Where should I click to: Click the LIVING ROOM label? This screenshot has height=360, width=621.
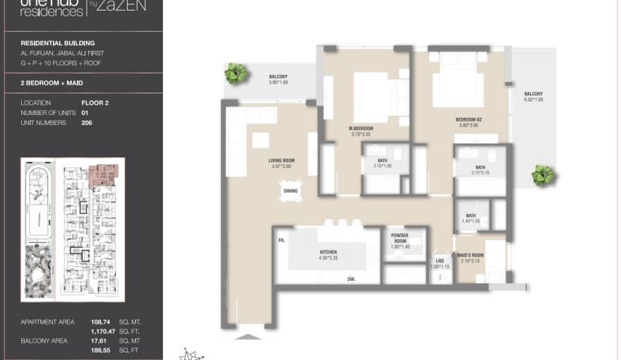tap(282, 161)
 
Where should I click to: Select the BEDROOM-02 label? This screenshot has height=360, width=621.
tap(469, 120)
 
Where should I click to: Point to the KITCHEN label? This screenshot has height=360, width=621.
tap(327, 252)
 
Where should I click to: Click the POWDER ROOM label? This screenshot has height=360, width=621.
tap(399, 239)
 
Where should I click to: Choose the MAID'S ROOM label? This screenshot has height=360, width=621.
tap(469, 255)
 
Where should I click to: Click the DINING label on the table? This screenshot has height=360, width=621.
tap(291, 191)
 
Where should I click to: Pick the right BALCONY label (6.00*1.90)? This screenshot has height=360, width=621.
tap(533, 94)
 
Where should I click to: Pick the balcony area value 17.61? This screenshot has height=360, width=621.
tap(100, 341)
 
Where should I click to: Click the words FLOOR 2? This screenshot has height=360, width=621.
tap(95, 103)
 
